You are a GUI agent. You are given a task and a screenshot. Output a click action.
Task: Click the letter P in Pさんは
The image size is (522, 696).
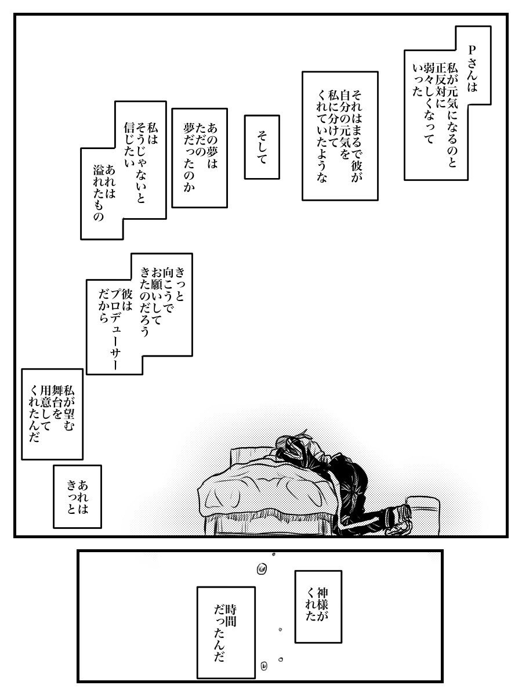(472, 50)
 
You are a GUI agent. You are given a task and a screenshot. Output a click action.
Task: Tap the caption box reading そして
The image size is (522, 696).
(262, 147)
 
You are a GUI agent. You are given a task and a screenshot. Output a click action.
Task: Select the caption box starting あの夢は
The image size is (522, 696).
(200, 158)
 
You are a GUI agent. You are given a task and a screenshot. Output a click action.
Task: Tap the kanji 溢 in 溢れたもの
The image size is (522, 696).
(99, 171)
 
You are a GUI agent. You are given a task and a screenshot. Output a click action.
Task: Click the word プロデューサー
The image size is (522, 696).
(115, 330)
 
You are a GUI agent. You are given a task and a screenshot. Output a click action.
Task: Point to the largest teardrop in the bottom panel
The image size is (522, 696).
(262, 569)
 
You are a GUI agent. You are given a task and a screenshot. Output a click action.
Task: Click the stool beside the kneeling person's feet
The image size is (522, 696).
(423, 515)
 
